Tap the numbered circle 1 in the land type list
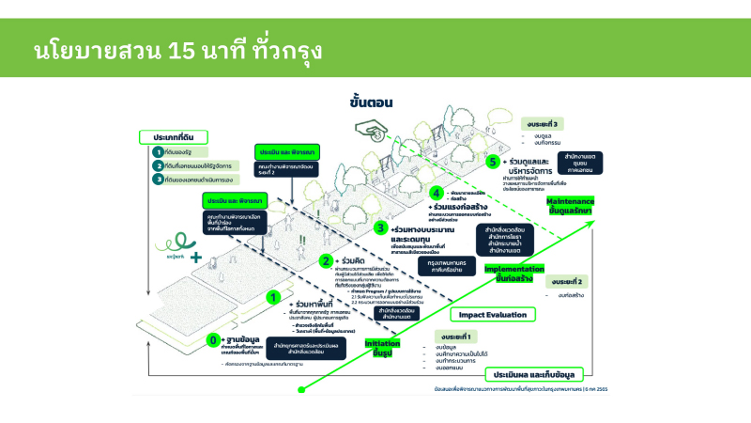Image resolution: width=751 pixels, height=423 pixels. (x=158, y=151)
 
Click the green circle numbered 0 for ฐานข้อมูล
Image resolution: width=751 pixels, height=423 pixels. (x=215, y=339)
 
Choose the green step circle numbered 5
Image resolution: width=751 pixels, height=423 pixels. (x=493, y=161)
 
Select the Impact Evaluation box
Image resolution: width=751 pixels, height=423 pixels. (x=493, y=315)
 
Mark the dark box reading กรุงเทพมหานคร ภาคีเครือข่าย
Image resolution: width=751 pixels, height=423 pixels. (x=419, y=268)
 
